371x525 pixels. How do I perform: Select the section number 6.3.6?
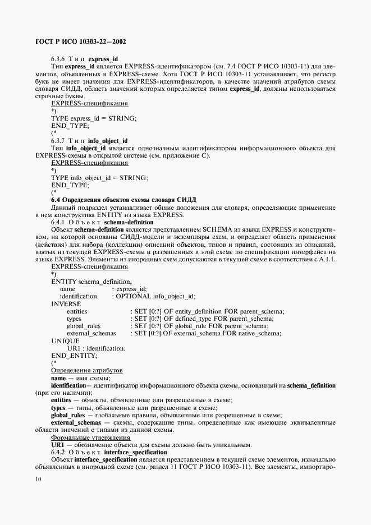click(x=59, y=59)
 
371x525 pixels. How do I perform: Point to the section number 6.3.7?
click(x=59, y=140)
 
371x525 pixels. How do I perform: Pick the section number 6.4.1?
click(x=59, y=222)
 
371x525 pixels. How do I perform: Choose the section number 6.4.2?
click(x=59, y=452)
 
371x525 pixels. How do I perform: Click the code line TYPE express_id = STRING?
click(x=94, y=118)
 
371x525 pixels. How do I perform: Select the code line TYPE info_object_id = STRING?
click(x=99, y=177)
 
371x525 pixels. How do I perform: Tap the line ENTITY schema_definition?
click(x=91, y=282)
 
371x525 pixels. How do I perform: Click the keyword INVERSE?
click(x=66, y=303)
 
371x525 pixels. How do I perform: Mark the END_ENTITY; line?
click(x=74, y=356)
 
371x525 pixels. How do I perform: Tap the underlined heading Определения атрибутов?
click(x=87, y=371)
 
